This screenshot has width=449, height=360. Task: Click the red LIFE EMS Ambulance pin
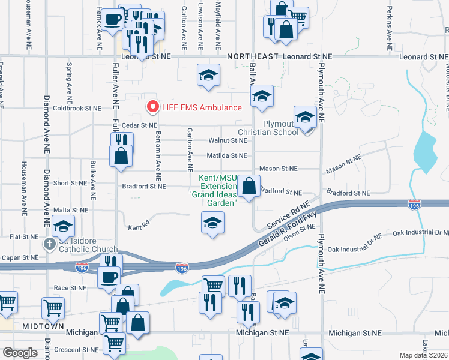[152, 107]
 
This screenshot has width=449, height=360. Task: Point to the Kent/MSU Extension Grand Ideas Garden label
[213, 190]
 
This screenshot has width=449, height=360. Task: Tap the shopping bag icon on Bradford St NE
[249, 187]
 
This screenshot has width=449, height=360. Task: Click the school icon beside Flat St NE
[63, 226]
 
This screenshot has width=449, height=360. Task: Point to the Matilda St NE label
[227, 155]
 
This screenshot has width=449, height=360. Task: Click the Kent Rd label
[139, 227]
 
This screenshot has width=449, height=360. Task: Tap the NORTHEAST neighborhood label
[253, 56]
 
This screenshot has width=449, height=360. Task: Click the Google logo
[20, 352]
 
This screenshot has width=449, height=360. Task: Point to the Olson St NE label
[300, 237]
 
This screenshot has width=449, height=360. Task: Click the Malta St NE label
[71, 210]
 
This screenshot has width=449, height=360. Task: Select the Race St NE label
[70, 288]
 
